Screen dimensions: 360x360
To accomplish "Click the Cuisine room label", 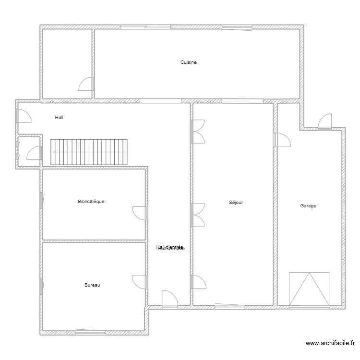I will (188, 62).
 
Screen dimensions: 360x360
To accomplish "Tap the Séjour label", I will (236, 203).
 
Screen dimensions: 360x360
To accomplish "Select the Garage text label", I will (308, 206).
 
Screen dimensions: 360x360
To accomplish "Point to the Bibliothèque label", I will (91, 202).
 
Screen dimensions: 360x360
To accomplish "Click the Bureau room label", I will (92, 285).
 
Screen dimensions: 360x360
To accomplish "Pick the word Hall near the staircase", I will (59, 117).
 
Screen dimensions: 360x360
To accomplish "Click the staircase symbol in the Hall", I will (89, 152).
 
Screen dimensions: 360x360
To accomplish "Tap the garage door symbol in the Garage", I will (309, 288).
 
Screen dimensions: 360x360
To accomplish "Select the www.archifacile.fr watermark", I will (330, 343).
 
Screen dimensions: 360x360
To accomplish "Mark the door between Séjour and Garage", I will (282, 139).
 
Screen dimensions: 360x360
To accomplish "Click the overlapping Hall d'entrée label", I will (170, 248).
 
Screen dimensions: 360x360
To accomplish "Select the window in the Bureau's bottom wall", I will (90, 331).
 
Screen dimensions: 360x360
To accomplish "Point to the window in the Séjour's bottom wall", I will (232, 304).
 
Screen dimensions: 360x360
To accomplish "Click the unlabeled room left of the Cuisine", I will (67, 63).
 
